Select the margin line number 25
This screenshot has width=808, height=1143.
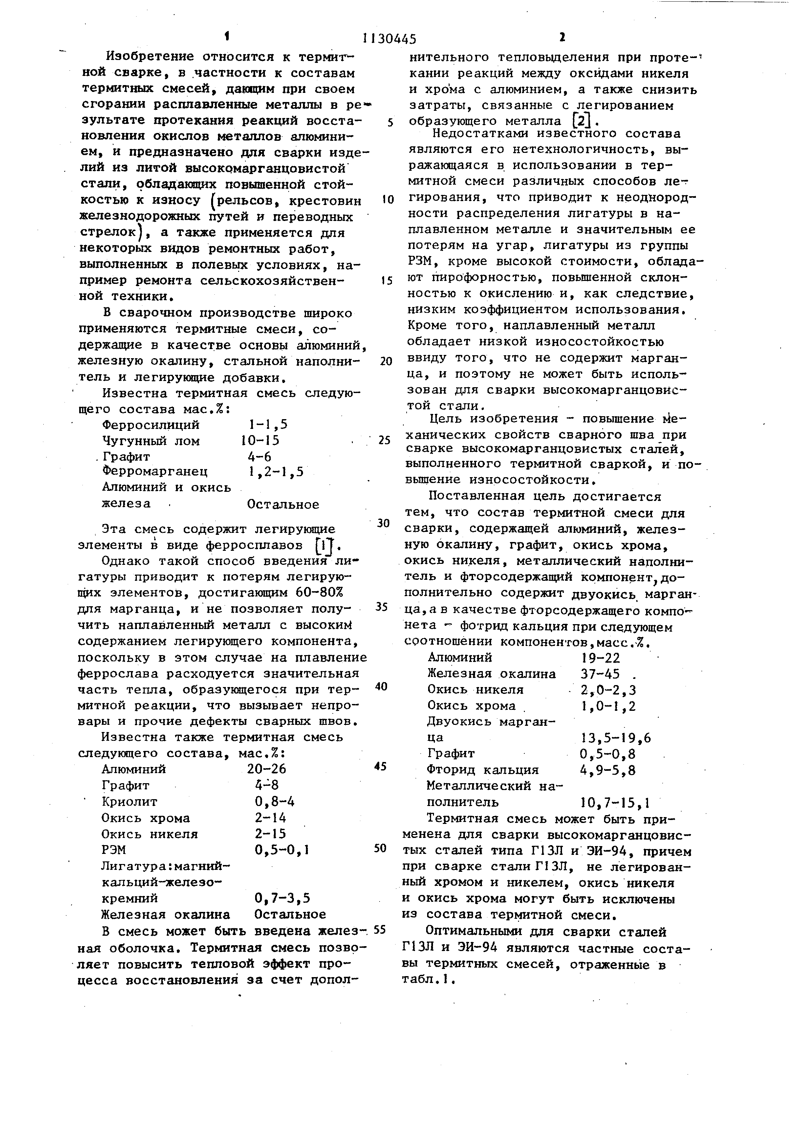(384, 440)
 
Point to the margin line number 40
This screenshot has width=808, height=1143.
(381, 686)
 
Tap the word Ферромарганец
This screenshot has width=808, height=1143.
(155, 471)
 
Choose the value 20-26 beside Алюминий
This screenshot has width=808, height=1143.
(267, 769)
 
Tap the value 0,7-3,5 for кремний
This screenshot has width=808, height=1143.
(282, 898)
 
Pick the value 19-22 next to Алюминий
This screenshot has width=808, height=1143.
(600, 658)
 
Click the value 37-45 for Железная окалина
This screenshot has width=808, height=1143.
(600, 674)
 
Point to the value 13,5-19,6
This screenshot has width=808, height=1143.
(615, 738)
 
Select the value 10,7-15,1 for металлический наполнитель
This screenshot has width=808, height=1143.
(615, 802)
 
